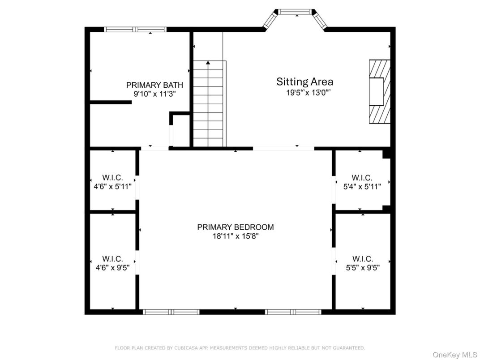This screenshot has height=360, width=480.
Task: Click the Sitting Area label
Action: click(x=304, y=81)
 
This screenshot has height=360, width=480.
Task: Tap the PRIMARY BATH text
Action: click(x=154, y=85)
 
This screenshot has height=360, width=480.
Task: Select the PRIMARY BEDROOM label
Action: click(x=235, y=227)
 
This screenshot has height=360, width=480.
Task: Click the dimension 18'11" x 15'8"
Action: click(x=236, y=236)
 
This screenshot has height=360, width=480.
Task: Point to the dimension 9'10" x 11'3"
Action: click(x=154, y=94)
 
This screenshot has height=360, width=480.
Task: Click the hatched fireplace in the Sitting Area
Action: click(x=379, y=91)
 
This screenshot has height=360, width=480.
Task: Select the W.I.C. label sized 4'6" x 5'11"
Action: click(x=112, y=178)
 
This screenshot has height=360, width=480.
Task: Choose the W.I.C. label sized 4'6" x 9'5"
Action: click(x=112, y=259)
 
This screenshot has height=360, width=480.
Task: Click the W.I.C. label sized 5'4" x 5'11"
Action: click(x=362, y=178)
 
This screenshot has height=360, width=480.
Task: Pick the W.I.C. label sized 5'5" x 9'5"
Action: click(x=362, y=259)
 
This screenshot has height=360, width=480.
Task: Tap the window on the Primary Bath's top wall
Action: click(x=135, y=30)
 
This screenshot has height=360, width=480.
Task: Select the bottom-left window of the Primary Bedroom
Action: click(x=171, y=312)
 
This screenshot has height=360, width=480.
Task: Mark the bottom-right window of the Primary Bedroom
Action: click(x=293, y=312)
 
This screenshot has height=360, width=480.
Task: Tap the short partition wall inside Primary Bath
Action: click(x=111, y=102)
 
